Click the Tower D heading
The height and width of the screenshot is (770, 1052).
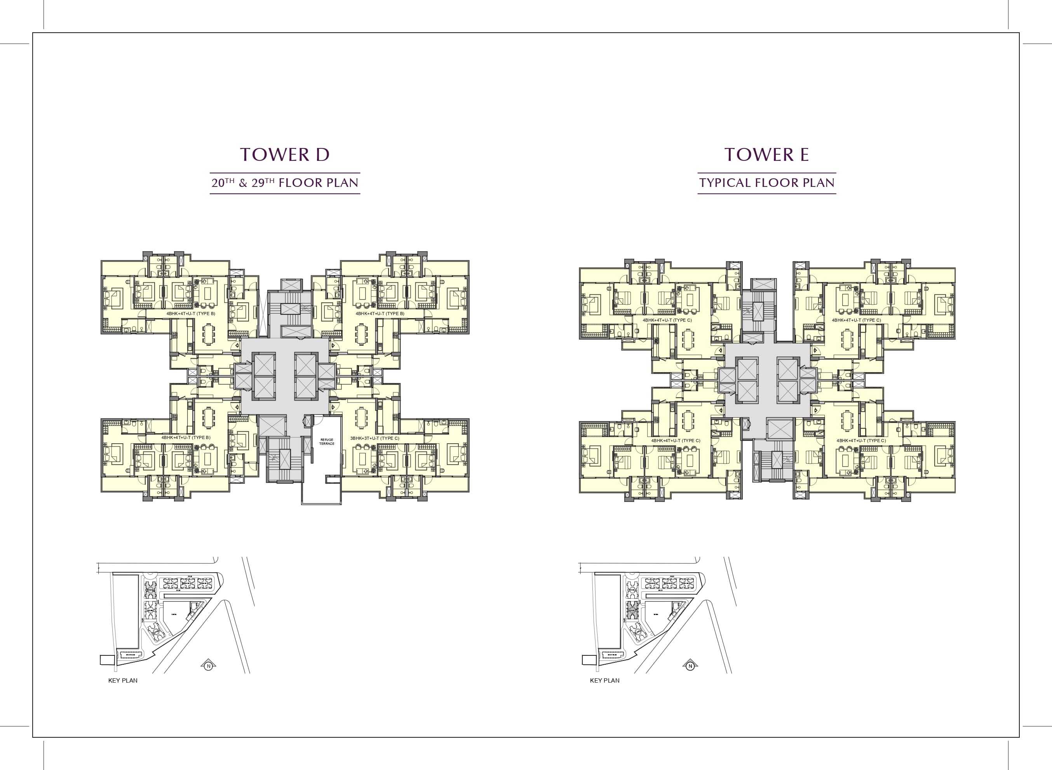coord(285,155)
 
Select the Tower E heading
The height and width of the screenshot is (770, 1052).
coord(766,155)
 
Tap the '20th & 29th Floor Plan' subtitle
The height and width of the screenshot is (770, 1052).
coord(285,183)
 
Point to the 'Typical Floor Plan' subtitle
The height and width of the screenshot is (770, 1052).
coord(767,183)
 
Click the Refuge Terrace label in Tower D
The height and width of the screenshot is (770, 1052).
coord(326,441)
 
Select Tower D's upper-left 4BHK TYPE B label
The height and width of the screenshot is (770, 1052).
coord(191,314)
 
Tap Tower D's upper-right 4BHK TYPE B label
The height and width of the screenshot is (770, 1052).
coord(380,314)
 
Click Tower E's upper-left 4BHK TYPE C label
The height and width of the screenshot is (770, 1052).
coord(667,320)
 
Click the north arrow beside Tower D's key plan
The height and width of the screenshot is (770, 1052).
coord(208,666)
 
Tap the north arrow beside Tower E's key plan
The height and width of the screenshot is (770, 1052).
coord(690,666)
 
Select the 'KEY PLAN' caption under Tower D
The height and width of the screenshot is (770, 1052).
coord(123,681)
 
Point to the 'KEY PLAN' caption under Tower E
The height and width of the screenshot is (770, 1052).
coord(604,681)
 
